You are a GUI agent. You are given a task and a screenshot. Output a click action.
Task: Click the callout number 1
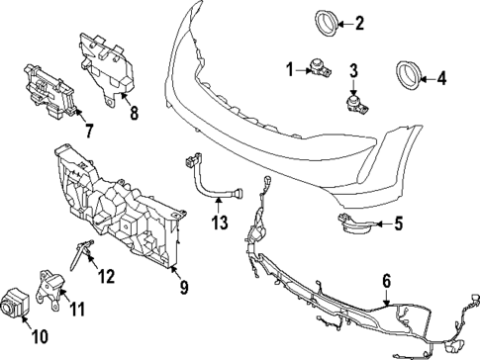pyautogui.click(x=291, y=68)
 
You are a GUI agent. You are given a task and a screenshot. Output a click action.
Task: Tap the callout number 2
pyautogui.click(x=360, y=22)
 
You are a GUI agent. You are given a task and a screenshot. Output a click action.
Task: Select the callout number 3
pyautogui.click(x=353, y=69)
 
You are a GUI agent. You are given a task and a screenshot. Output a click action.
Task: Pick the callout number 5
pyautogui.click(x=398, y=224)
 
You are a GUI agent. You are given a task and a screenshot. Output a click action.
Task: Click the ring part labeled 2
pyautogui.click(x=327, y=21)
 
